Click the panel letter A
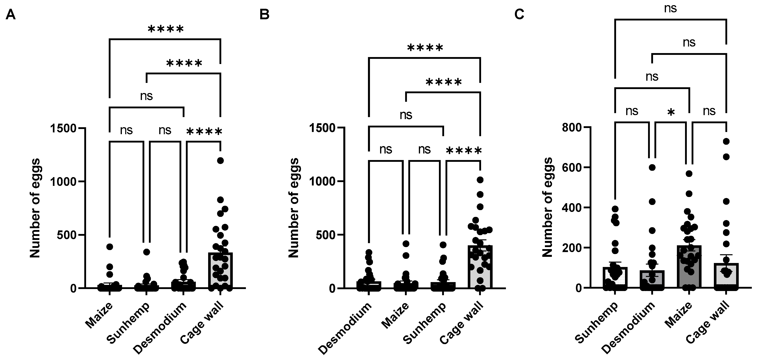click(11, 14)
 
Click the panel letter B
click(264, 14)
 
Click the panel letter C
click(519, 14)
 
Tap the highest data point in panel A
click(220, 160)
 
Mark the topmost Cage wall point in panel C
click(726, 141)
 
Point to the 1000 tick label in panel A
click(63, 181)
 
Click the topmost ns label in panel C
click(670, 9)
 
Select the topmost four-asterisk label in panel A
click(166, 29)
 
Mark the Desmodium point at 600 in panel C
click(652, 168)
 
